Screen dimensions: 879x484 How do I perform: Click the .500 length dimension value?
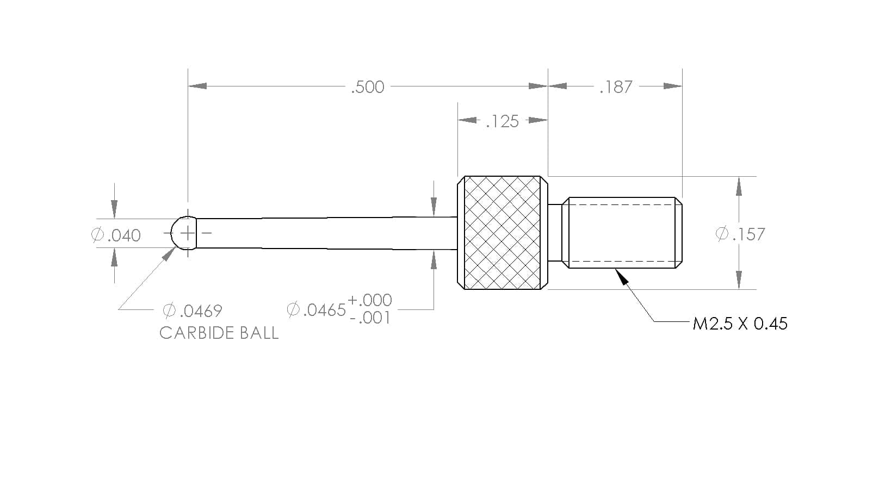(x=368, y=86)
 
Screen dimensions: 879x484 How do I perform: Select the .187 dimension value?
(x=616, y=86)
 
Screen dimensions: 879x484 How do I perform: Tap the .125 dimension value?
(x=503, y=121)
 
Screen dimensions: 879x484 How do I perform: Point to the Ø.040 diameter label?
(x=116, y=235)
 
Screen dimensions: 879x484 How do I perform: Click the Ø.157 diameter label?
(x=740, y=234)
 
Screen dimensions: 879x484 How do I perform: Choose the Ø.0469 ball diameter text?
(x=193, y=311)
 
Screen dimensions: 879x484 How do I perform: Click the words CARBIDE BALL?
(x=219, y=333)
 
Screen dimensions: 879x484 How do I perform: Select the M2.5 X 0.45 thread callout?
(x=740, y=324)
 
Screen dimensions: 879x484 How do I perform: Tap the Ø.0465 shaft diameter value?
(x=316, y=310)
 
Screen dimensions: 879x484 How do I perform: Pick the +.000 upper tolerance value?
(x=370, y=300)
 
